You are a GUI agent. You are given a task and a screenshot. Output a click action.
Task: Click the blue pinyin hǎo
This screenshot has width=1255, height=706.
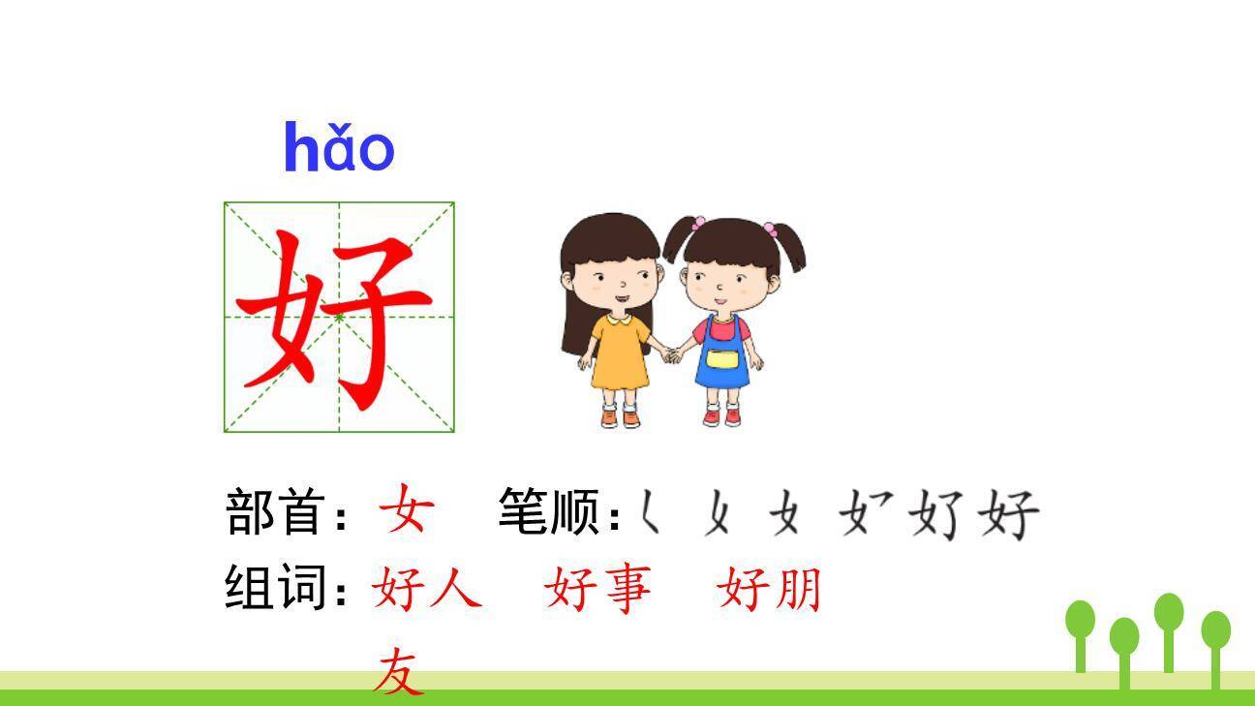[x=339, y=148]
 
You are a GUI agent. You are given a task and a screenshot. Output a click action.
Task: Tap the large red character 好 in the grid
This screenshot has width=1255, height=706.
[x=335, y=317]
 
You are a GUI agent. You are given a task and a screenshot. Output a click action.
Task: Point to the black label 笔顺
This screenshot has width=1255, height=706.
[x=547, y=511]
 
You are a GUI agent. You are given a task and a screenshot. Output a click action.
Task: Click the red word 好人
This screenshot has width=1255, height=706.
[x=426, y=588]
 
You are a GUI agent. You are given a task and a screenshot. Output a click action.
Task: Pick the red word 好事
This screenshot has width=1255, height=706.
[x=597, y=588]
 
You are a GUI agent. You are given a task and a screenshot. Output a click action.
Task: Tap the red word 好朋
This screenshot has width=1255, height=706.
[x=769, y=588]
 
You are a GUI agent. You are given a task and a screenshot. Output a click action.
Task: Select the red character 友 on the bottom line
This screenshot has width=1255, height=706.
[x=400, y=673]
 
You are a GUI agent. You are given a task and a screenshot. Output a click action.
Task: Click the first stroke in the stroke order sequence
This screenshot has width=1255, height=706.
[x=650, y=512]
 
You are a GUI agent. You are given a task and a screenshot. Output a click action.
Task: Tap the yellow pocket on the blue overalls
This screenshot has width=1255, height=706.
[x=721, y=359]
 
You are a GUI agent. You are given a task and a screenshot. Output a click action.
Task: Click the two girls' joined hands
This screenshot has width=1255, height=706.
[x=670, y=354]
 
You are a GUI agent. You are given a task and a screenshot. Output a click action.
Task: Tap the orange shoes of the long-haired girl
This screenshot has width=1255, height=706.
[x=620, y=417]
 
